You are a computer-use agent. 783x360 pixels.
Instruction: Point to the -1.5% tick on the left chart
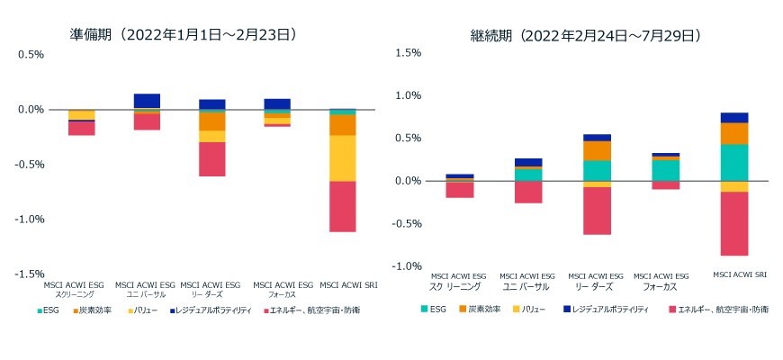pyautogui.click(x=31, y=274)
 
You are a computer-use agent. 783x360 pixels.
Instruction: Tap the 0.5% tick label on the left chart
pyautogui.click(x=31, y=54)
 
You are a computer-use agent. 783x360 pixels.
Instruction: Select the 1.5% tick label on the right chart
pyautogui.click(x=409, y=53)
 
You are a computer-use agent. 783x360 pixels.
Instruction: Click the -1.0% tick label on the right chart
pyautogui.click(x=408, y=266)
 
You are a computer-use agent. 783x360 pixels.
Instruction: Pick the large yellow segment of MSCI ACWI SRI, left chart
pyautogui.click(x=342, y=158)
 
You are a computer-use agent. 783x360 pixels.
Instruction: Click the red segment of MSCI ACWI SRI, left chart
pyautogui.click(x=342, y=207)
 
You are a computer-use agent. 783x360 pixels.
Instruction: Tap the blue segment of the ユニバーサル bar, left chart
pyautogui.click(x=147, y=101)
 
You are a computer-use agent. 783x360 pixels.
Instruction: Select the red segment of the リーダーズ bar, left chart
pyautogui.click(x=212, y=159)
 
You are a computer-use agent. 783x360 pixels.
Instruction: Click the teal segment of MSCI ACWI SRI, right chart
pyautogui.click(x=735, y=163)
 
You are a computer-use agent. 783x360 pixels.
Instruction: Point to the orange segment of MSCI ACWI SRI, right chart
pyautogui.click(x=735, y=134)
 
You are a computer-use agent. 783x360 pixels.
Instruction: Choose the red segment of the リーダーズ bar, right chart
pyautogui.click(x=598, y=211)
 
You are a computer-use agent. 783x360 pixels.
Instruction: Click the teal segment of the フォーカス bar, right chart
pyautogui.click(x=666, y=170)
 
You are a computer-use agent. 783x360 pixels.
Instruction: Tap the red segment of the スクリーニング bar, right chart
pyautogui.click(x=460, y=190)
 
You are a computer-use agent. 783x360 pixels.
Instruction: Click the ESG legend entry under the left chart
pyautogui.click(x=49, y=310)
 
